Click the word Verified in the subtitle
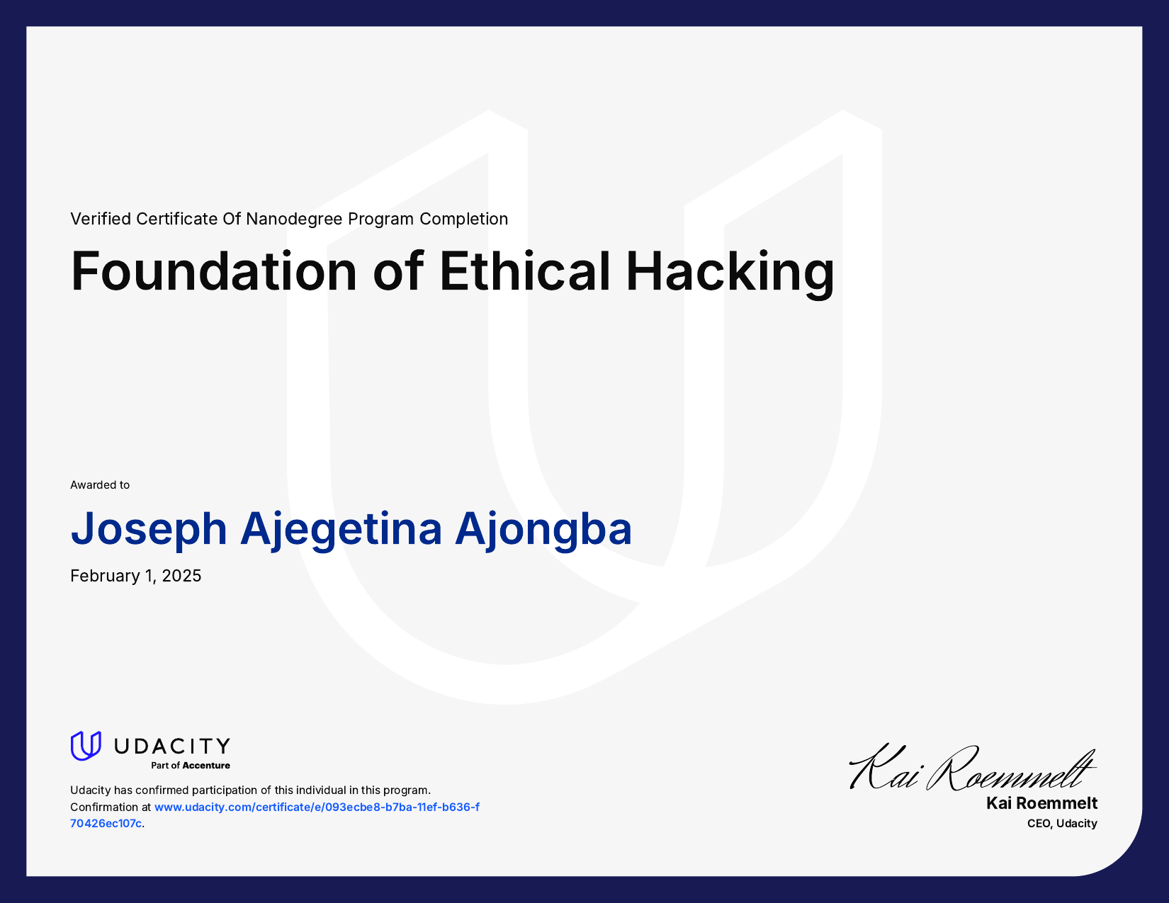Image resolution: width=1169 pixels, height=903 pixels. click(x=101, y=219)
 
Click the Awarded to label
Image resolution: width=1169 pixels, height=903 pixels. click(x=100, y=485)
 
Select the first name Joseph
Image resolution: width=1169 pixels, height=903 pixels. click(x=149, y=529)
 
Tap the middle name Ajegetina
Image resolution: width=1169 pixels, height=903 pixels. click(x=341, y=529)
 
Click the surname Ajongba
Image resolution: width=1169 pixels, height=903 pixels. click(x=543, y=529)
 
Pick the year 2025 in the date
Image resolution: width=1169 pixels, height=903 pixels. click(x=181, y=576)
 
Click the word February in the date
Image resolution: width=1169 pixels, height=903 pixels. click(x=105, y=576)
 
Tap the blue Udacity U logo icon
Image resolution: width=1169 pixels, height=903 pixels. click(x=86, y=746)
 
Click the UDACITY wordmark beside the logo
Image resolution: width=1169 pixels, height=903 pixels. click(x=172, y=746)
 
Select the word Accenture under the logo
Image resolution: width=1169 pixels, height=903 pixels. click(x=206, y=766)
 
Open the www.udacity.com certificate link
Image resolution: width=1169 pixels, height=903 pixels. click(x=317, y=807)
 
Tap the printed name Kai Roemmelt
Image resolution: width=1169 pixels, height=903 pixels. click(x=1041, y=803)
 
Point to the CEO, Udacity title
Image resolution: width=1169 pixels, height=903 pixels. click(x=1062, y=824)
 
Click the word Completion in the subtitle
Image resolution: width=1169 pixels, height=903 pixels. click(x=463, y=219)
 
